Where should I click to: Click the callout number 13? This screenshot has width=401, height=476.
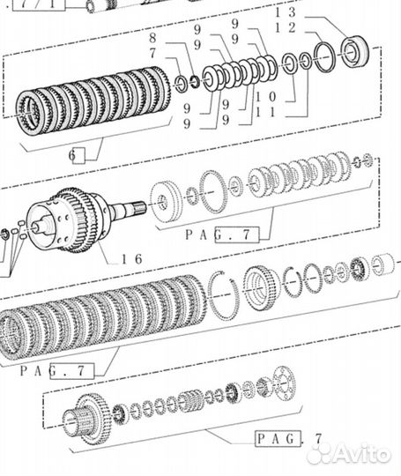point(285,12)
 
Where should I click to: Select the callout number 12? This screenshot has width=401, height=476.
point(285,28)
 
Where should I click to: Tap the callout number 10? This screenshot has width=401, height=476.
point(266,97)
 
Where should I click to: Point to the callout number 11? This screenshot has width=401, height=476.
point(266,113)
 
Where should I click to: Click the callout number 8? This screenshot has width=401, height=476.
point(152,38)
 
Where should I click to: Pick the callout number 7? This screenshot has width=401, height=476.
point(152,54)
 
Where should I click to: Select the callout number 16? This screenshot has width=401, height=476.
point(132,259)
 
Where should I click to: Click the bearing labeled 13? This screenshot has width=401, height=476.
point(355,51)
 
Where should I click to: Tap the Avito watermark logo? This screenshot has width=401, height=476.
point(348,455)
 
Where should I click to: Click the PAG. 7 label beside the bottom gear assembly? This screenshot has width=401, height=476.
point(288,439)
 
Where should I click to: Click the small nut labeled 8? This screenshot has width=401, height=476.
point(194,81)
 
